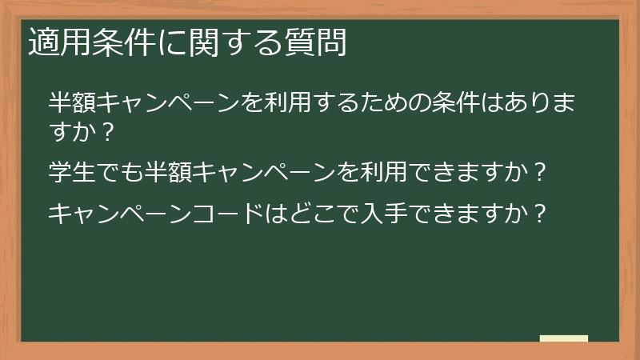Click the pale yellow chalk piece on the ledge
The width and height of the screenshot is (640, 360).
tap(564, 338)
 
